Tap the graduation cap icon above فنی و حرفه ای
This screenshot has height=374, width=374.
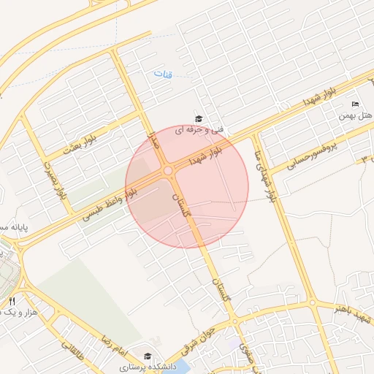(x=197, y=118)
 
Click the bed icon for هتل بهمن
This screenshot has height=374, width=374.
(x=356, y=104)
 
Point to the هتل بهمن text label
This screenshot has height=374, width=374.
(x=355, y=115)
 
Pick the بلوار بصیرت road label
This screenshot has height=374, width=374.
(x=56, y=181)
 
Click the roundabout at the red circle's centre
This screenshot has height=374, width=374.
(x=169, y=170)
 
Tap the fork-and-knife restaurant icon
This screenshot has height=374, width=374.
(x=12, y=301)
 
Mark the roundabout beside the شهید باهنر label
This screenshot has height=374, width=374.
(x=313, y=302)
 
